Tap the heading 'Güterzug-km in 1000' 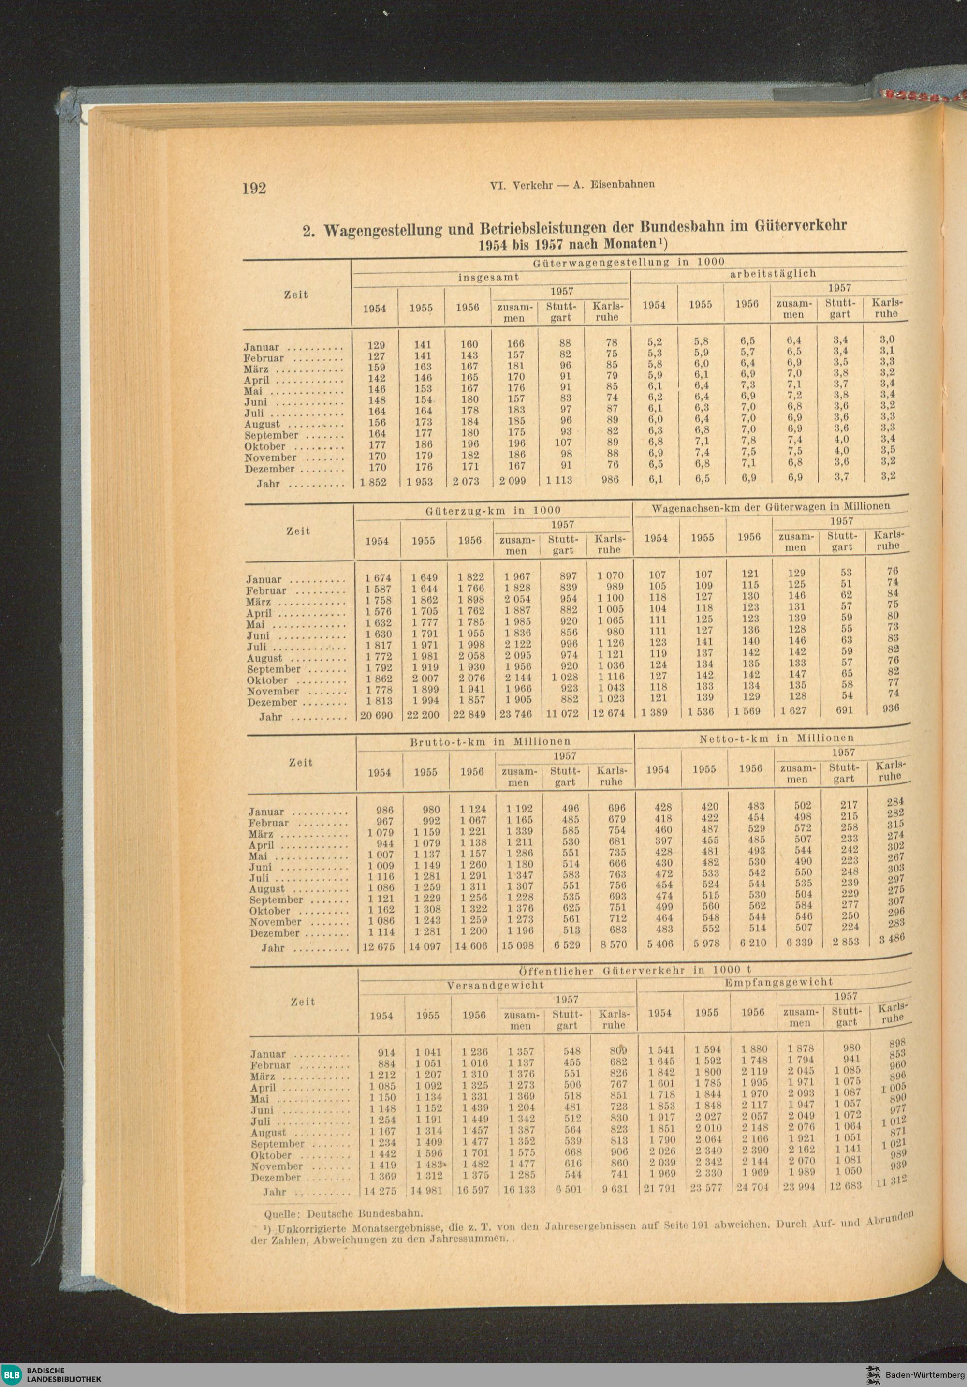click(x=493, y=511)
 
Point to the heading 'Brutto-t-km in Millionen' click(x=490, y=741)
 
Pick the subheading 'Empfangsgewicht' click(x=778, y=982)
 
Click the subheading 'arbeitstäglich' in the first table click(x=773, y=274)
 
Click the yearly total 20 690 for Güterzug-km click(x=376, y=716)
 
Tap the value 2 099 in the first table click(x=513, y=482)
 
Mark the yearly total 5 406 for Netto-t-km click(x=658, y=943)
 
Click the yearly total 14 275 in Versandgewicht click(x=381, y=1191)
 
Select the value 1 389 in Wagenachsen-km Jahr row click(x=655, y=713)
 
